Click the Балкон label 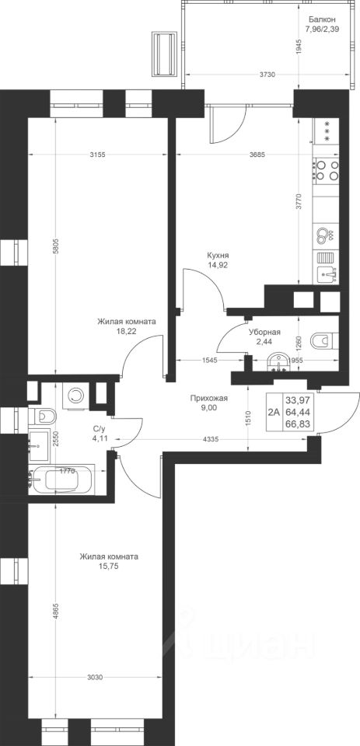(322, 19)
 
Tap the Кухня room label (215, 256)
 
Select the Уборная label (264, 333)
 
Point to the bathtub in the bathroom (62, 479)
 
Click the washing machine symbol (75, 395)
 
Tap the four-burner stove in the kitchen (327, 170)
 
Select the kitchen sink (327, 274)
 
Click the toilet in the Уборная (324, 341)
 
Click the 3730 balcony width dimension (268, 75)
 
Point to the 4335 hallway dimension (210, 440)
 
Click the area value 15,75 (109, 566)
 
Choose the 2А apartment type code (274, 413)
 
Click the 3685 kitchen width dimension (256, 154)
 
